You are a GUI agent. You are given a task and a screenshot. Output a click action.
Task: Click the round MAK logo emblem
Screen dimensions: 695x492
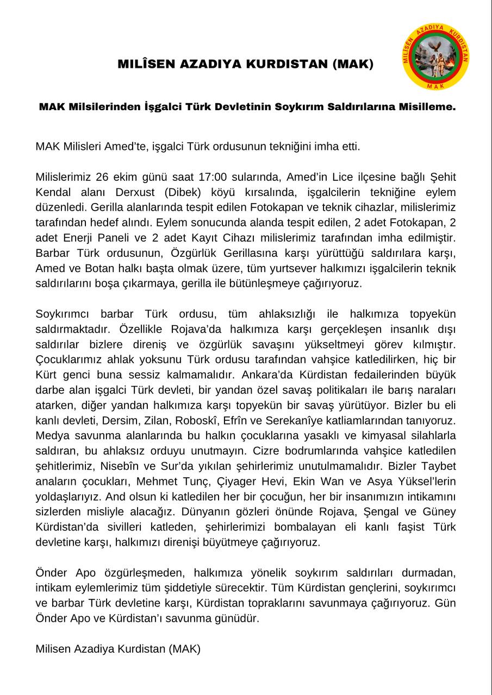pos(437,56)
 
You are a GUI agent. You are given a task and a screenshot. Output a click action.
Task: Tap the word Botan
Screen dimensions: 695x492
pos(111,268)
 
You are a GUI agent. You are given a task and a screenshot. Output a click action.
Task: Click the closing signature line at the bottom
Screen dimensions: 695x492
pos(118,648)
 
